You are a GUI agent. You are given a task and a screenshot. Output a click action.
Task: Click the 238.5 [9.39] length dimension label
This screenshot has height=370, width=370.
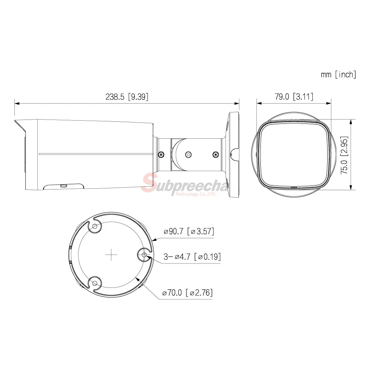[127, 97]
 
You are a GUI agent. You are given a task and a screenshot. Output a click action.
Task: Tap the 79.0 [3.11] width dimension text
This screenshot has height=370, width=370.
[294, 97]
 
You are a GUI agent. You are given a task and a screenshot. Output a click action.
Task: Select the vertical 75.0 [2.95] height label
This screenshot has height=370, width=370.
[344, 155]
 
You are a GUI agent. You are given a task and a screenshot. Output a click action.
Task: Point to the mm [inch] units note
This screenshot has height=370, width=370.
[339, 75]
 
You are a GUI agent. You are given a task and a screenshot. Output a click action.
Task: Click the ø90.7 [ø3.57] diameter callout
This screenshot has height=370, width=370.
[189, 231]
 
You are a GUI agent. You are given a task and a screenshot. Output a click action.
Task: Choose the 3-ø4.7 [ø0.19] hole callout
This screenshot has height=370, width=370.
[192, 256]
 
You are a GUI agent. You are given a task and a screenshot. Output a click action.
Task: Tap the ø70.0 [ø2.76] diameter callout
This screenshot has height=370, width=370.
[187, 293]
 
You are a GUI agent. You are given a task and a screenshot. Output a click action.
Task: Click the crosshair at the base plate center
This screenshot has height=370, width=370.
[111, 255]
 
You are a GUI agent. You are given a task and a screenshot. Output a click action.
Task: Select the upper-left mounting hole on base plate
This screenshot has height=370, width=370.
[95, 226]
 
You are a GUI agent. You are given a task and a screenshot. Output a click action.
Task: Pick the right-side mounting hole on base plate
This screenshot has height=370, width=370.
[144, 255]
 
